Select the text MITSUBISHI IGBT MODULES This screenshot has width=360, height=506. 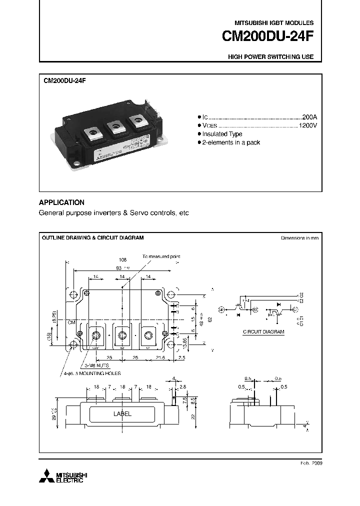(274, 23)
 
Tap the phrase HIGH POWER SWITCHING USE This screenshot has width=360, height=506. (270, 57)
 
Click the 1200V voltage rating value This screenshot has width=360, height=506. (307, 125)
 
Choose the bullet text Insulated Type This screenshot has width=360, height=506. (222, 134)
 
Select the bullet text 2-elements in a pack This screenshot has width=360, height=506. (231, 142)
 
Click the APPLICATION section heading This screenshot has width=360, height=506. (61, 202)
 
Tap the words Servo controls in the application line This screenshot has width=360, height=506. (147, 213)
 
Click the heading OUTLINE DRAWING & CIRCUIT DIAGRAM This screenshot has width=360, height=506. (92, 237)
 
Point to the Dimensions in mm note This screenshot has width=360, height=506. (299, 238)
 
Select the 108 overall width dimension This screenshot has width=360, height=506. (122, 260)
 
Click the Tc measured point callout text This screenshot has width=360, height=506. (161, 256)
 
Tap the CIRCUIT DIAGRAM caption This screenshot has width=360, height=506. (263, 331)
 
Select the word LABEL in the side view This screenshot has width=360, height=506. (122, 414)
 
